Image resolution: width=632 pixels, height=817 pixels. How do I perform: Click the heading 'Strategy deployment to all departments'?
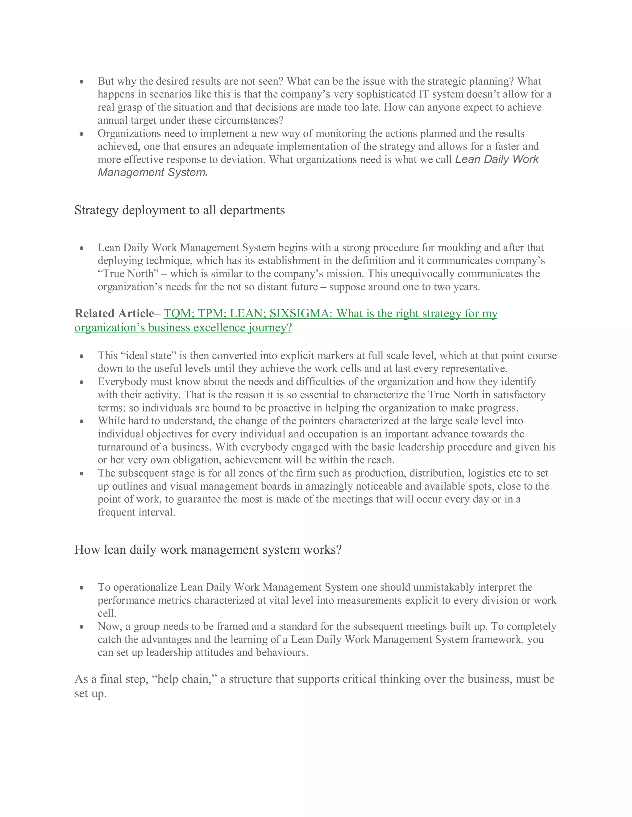point(179,210)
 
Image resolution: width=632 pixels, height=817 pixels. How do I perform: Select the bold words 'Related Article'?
point(114,313)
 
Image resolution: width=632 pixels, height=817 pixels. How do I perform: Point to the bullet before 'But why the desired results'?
point(81,82)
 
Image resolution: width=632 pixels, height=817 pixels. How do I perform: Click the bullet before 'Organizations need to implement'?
point(81,134)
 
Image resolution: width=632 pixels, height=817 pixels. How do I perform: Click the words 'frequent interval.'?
point(137,512)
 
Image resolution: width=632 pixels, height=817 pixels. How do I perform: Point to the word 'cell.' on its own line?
point(107,613)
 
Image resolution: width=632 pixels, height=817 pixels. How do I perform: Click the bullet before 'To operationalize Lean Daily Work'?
point(81,588)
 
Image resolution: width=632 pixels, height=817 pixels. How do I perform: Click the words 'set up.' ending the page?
point(91,694)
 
